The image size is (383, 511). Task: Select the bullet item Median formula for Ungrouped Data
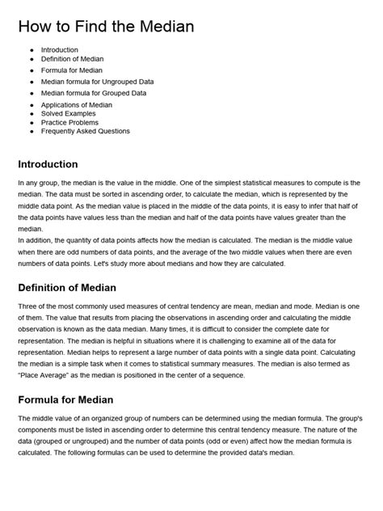coord(97,82)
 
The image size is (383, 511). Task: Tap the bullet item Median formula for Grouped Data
coord(93,93)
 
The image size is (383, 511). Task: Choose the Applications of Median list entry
coord(78,105)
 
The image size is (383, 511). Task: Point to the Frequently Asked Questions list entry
coord(85,131)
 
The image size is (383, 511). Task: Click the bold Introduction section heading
coord(48,164)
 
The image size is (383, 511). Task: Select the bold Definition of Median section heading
coord(67,288)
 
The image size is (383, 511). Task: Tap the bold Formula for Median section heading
coord(65,399)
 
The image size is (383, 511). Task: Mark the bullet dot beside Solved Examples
coord(32,114)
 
